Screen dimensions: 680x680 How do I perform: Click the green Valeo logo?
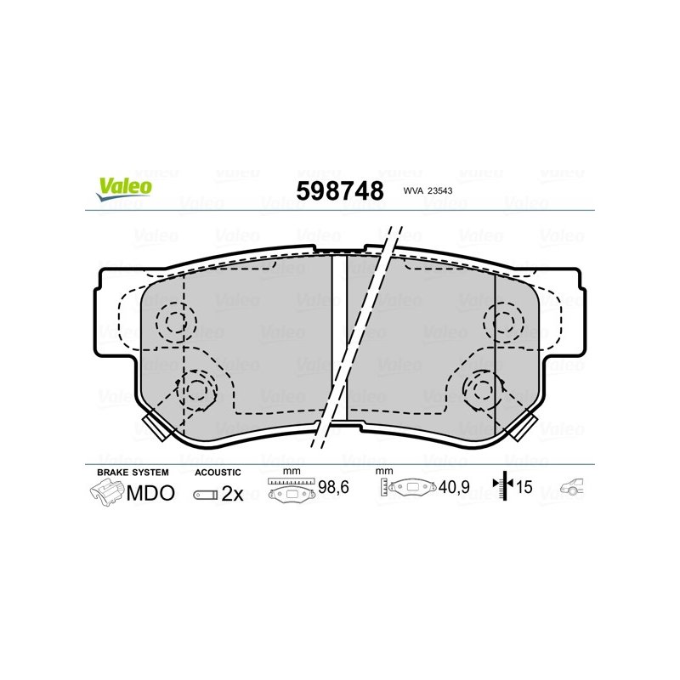124,189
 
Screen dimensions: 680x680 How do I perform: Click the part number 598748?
340,190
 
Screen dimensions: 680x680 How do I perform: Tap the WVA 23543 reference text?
428,190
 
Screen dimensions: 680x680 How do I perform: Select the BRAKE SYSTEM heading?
133,473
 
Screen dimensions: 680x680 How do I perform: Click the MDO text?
150,493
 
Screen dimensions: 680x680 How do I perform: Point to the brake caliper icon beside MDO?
107,493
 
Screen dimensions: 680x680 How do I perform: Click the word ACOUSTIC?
218,473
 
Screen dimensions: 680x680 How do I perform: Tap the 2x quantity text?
232,494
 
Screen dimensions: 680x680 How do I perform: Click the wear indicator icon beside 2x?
206,495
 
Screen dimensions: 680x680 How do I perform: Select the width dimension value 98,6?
333,487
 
